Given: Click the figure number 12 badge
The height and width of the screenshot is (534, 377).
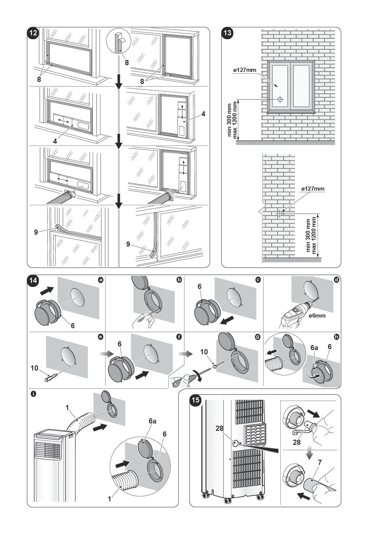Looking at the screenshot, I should click(x=33, y=33).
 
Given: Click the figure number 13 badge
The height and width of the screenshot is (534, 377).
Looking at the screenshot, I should click(x=227, y=33).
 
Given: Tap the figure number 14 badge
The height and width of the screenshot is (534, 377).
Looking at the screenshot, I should click(x=33, y=280).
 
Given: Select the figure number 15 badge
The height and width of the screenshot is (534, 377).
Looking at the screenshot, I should click(x=196, y=400).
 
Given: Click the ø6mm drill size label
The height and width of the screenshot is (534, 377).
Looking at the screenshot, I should click(x=317, y=316).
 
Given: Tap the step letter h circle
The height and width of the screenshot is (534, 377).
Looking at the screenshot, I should click(x=337, y=337).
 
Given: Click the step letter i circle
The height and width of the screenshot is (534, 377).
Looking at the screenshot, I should click(x=33, y=394).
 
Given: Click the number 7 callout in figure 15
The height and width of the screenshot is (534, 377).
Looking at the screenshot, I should click(x=320, y=463).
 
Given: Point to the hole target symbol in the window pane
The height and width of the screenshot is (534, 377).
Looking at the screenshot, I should click(x=280, y=99).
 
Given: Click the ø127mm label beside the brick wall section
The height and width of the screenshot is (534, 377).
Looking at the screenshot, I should click(x=313, y=189).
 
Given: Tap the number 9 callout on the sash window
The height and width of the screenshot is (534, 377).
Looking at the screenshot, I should click(x=36, y=232).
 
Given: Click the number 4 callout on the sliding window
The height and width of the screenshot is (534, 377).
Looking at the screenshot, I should click(x=203, y=114).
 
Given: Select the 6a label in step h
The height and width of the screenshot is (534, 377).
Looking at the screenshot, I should click(x=314, y=348).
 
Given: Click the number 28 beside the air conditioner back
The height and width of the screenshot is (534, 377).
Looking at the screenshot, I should click(x=220, y=428).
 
